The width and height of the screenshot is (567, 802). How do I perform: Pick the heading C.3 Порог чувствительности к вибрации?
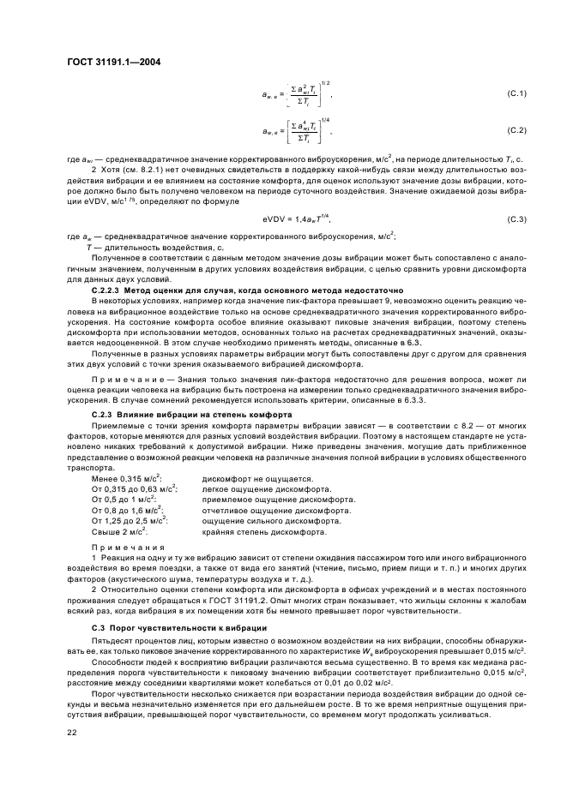(178, 628)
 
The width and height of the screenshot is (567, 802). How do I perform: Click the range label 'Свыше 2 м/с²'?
(119, 531)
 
